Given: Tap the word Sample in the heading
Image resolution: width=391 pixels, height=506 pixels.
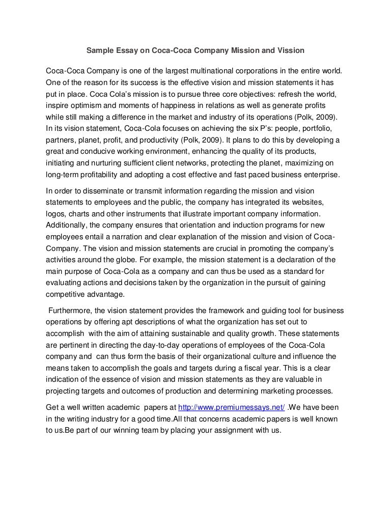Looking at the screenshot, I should (x=99, y=50).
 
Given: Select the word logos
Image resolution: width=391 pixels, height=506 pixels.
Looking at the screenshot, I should (x=55, y=214).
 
